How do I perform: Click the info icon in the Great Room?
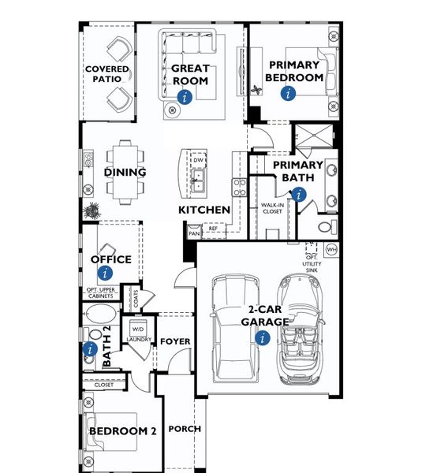(x=185, y=97)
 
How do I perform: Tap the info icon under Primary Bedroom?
(x=288, y=93)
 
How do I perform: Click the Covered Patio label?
(x=106, y=74)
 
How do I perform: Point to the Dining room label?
(x=125, y=173)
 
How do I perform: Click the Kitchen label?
(x=204, y=210)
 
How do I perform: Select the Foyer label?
(x=176, y=341)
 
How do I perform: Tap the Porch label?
(x=185, y=429)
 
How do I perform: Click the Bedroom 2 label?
(x=123, y=431)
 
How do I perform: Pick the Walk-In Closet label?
(x=272, y=208)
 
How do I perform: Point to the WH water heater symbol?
(x=331, y=250)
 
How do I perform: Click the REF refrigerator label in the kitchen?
(x=213, y=229)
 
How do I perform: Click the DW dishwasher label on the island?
(x=200, y=161)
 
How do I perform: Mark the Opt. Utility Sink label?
(x=313, y=264)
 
